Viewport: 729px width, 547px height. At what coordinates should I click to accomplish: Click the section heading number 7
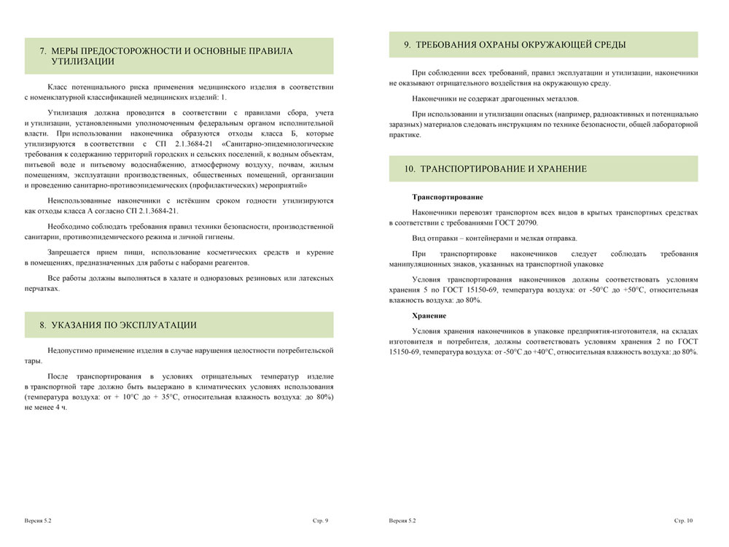[43, 51]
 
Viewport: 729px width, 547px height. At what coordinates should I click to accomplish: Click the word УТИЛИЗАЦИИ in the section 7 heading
[84, 62]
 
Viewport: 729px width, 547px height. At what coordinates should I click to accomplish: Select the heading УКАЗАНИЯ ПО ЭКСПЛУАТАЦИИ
[124, 325]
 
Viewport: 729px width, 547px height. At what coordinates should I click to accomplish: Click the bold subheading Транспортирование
[447, 197]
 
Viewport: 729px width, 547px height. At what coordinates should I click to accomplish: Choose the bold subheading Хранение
[429, 315]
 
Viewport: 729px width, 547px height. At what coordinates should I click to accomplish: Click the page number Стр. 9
[320, 521]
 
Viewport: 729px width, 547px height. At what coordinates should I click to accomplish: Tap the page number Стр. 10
[684, 521]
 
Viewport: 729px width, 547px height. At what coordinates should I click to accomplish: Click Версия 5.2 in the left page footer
[37, 521]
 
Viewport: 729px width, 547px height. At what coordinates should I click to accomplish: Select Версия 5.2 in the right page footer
[402, 521]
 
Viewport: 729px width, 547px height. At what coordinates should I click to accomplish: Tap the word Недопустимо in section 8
[71, 351]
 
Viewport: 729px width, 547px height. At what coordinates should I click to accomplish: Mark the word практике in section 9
[405, 135]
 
